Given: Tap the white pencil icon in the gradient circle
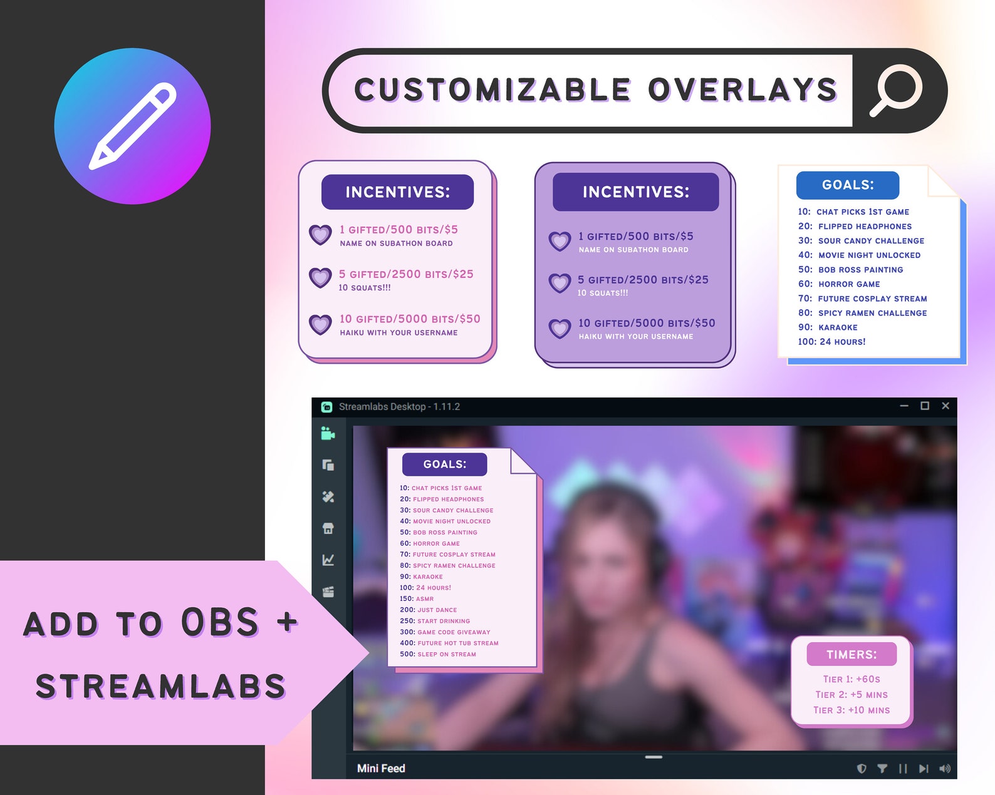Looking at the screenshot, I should [132, 126].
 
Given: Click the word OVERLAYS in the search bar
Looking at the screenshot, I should [742, 90].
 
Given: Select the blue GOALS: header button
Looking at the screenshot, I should [847, 185].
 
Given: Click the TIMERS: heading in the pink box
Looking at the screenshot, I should [852, 655].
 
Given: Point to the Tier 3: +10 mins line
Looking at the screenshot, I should [852, 710].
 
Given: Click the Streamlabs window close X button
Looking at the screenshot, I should [946, 406].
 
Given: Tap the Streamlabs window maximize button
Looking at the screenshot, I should [924, 406].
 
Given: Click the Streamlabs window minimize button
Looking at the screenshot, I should [904, 406].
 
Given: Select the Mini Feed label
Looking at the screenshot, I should [381, 768].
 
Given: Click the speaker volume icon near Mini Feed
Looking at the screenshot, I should [945, 769].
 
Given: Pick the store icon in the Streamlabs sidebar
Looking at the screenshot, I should [328, 528].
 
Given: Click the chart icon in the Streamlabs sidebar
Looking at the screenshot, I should [328, 560].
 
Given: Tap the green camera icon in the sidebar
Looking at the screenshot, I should [328, 433].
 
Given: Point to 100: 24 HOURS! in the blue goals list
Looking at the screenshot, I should [831, 342].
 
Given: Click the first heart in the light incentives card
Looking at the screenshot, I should [320, 235].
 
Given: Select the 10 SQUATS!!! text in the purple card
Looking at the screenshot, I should [603, 293].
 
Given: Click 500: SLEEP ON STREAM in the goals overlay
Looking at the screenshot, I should [438, 654].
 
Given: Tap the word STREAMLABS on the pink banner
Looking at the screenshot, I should [160, 687].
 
